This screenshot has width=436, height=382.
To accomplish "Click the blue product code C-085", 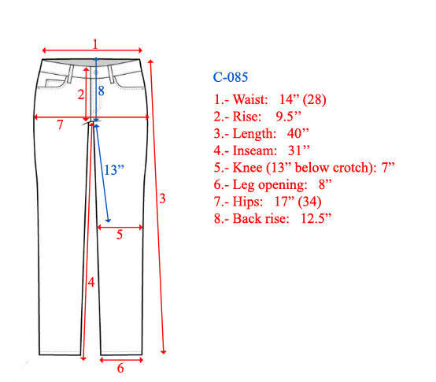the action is tap(231, 77).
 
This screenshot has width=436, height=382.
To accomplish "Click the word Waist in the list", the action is tap(250, 99).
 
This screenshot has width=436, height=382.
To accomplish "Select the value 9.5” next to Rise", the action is tap(288, 117).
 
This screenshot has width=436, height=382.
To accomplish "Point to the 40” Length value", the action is tap(297, 133).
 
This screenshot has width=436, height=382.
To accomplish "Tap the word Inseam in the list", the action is tap(255, 150).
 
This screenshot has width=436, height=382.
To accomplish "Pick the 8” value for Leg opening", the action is tap(325, 184).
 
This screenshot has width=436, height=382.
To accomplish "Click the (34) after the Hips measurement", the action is tap(309, 202).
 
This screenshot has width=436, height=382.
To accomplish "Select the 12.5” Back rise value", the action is tap(316, 218).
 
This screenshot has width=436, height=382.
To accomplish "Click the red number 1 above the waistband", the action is tap(95, 44).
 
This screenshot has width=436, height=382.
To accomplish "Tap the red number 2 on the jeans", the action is tap(80, 95).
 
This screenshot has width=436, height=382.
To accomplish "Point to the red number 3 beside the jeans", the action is tap(162, 198).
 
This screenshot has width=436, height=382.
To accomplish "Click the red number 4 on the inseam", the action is tap(91, 283).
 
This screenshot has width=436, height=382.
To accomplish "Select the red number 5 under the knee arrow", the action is tap(120, 235).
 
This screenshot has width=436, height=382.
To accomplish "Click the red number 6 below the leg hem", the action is tap(120, 369).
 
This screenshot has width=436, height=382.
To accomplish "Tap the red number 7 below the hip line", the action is tap(60, 125).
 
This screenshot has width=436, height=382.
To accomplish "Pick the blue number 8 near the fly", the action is tap(101, 91).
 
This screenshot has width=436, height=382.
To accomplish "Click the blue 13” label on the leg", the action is tap(114, 170).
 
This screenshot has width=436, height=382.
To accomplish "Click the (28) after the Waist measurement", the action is tap(314, 99).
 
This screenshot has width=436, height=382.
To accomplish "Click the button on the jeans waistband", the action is tap(96, 72).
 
